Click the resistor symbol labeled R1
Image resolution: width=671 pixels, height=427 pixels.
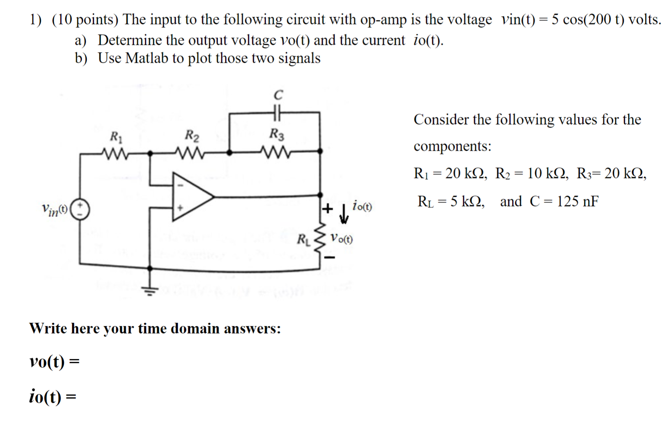[115, 154]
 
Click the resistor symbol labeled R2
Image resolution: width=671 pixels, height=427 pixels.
[190, 154]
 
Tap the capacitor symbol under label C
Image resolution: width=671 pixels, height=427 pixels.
[277, 112]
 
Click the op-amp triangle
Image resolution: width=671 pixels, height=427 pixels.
[191, 197]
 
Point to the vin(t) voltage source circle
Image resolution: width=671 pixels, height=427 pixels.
[80, 209]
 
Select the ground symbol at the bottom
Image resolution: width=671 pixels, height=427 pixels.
[150, 290]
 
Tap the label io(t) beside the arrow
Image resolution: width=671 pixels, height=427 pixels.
[362, 206]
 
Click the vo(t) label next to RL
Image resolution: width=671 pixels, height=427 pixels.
[341, 238]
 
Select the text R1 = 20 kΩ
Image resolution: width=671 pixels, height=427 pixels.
[450, 174]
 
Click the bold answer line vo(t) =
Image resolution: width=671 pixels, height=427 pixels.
[54, 361]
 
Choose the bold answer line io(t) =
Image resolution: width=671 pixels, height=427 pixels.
[52, 396]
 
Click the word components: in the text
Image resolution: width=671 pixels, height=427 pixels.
[452, 146]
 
